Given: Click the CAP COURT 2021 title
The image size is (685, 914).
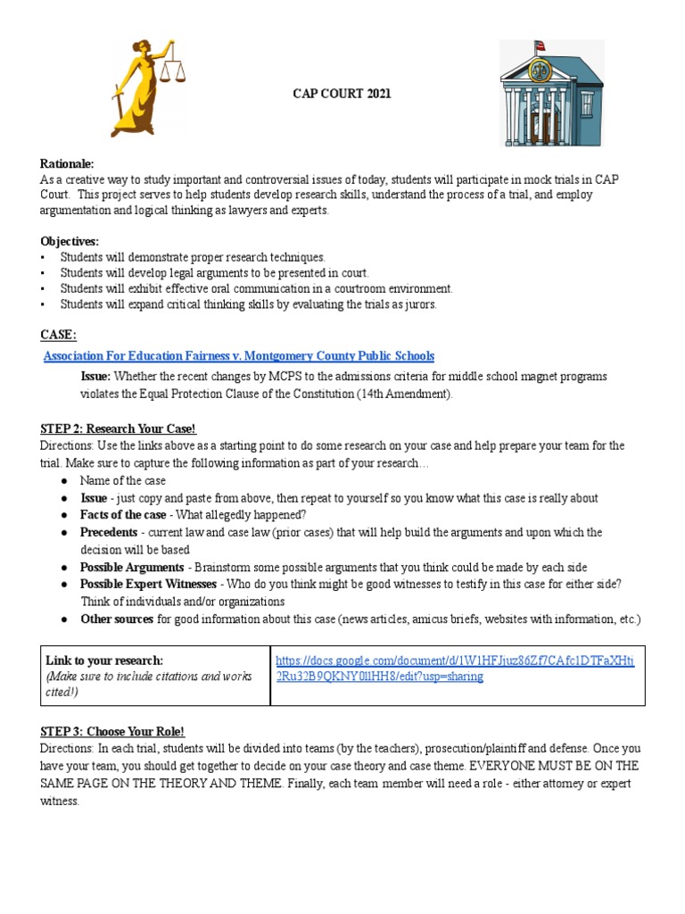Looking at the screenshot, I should (342, 94).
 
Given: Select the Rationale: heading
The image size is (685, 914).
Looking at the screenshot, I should (67, 163).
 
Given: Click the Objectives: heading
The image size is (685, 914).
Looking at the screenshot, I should (70, 241).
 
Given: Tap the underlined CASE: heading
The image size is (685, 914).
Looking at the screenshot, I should (58, 335).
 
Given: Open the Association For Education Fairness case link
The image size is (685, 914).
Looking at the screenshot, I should (239, 355).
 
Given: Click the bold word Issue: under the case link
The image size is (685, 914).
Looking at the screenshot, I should (95, 377).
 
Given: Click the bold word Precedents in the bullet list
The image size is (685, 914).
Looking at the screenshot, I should (109, 532).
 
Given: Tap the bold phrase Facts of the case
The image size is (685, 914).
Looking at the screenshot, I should (123, 515).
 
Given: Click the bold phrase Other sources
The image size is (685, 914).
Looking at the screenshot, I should (117, 619).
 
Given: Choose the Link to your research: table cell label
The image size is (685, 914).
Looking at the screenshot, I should (104, 661).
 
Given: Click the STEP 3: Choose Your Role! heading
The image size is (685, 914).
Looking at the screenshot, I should (112, 731).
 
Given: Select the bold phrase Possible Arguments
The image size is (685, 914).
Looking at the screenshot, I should (132, 567).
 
